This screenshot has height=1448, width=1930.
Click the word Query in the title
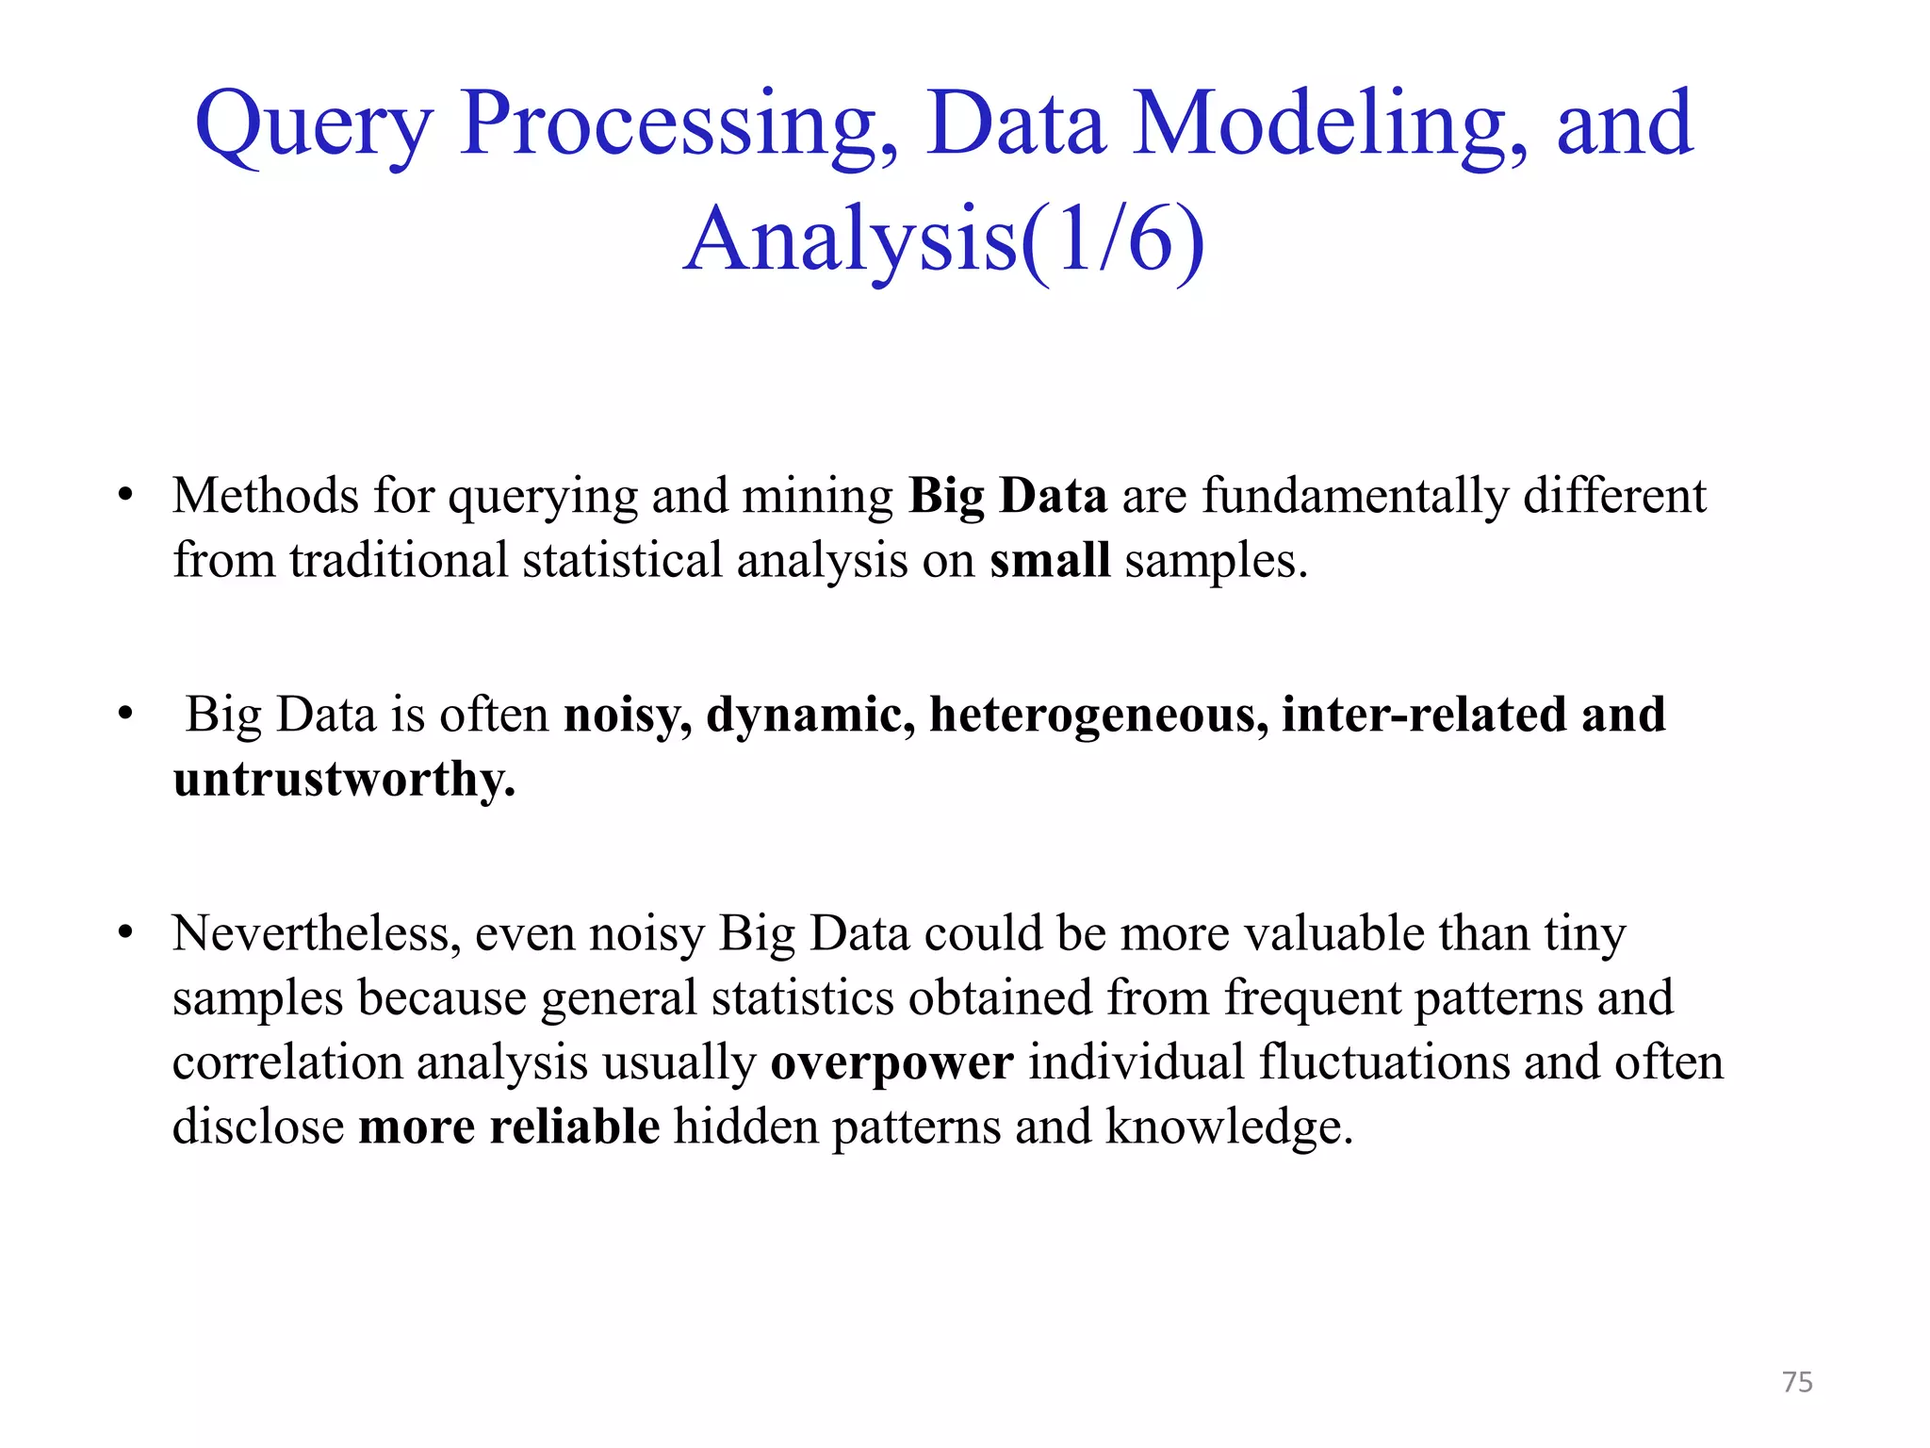tap(313, 126)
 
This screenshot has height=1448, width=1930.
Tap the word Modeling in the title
tap(1329, 126)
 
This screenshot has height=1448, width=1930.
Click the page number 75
tap(1797, 1382)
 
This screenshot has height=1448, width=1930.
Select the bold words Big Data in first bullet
tap(1007, 496)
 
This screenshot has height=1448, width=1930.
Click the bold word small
tap(1049, 560)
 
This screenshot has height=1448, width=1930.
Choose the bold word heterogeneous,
tap(1099, 715)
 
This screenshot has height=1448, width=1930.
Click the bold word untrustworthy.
tap(344, 779)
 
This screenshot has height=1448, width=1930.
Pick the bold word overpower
tap(891, 1062)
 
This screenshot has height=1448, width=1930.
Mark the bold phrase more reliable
tap(509, 1127)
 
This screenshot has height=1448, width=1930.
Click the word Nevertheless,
tap(317, 934)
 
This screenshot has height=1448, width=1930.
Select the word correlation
tap(286, 1062)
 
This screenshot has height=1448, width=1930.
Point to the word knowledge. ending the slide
tap(1229, 1127)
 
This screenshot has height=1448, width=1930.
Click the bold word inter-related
tap(1425, 715)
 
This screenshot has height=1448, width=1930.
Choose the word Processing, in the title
tap(679, 126)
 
